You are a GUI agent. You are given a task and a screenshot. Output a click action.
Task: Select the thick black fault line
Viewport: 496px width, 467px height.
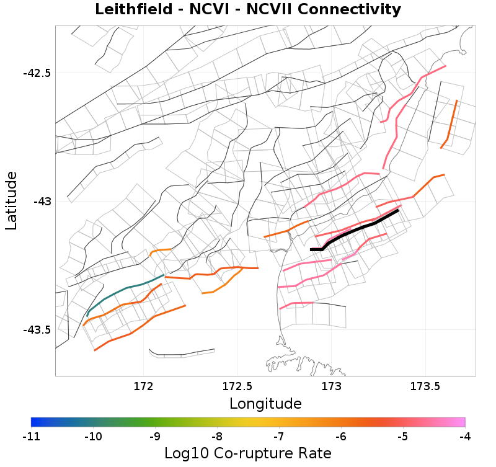tap(360, 226)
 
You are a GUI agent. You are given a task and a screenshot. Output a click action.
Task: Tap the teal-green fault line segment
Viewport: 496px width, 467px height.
tap(124, 290)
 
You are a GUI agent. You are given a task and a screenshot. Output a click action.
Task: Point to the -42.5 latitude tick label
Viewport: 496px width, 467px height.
tap(37, 73)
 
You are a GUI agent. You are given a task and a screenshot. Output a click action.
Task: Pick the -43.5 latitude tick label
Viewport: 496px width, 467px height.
tap(37, 329)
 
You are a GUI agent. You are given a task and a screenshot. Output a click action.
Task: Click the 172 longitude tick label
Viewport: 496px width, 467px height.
tap(143, 386)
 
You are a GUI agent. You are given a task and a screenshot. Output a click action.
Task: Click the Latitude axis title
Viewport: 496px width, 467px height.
tap(11, 201)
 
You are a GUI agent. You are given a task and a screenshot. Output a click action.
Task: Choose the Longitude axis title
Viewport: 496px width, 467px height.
tap(265, 404)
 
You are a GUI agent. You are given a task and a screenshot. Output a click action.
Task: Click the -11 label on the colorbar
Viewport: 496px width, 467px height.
tap(31, 437)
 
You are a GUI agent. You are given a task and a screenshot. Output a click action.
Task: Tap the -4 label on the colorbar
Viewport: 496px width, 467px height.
tap(465, 437)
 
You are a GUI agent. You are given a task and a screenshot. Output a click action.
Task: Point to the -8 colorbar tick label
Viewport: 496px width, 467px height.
tap(217, 437)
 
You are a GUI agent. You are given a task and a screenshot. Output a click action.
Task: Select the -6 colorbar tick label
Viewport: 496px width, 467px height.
tap(341, 437)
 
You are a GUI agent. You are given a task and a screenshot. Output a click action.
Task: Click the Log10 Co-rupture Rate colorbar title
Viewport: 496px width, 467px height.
tap(248, 453)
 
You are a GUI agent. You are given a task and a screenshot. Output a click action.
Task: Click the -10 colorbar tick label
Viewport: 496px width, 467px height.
tap(93, 437)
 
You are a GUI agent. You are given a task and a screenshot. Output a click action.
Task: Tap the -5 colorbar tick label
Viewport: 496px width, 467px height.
tap(403, 437)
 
